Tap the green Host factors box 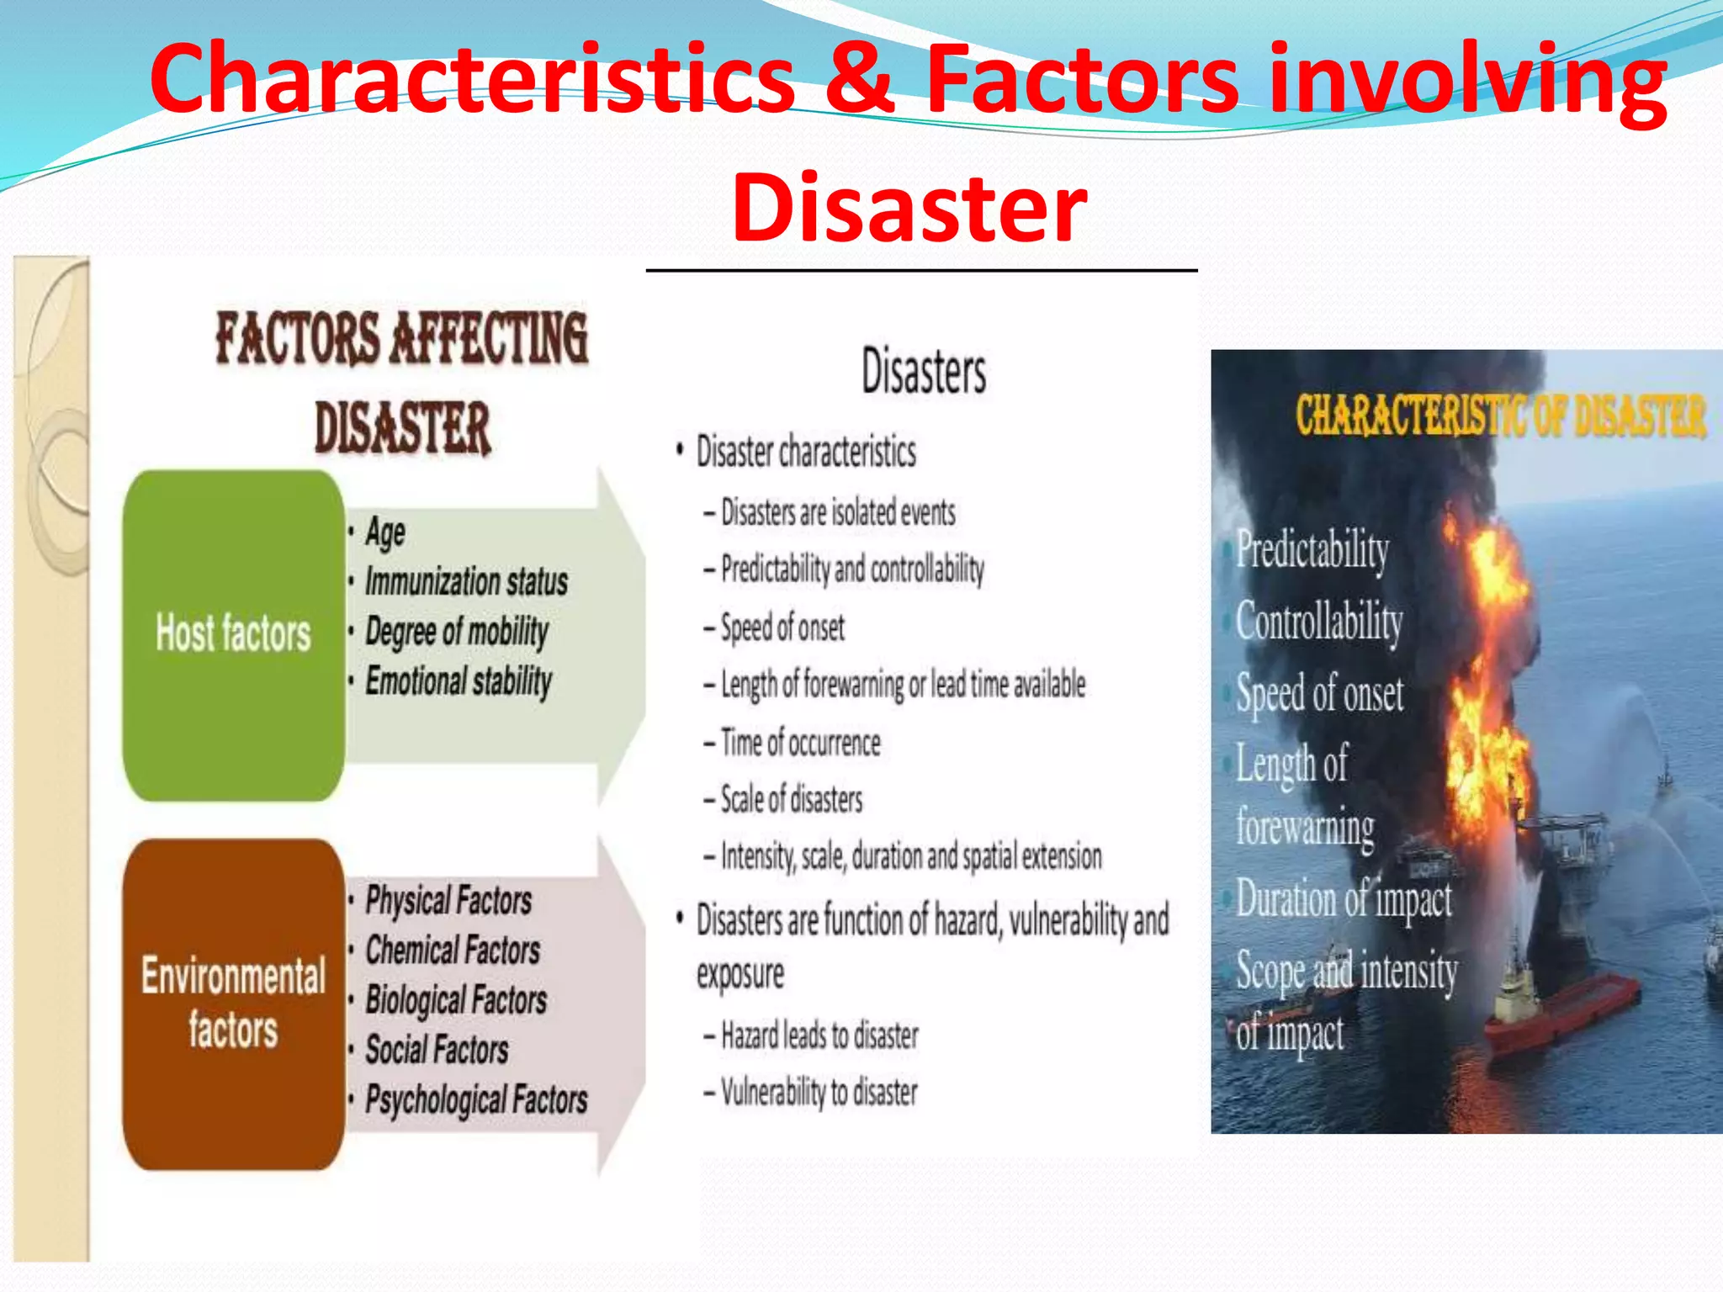click(233, 634)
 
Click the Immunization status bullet click(465, 582)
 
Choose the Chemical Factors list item click(453, 950)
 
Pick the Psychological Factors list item click(476, 1099)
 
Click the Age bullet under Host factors click(385, 532)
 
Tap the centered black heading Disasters click(923, 372)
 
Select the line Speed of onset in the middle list click(782, 627)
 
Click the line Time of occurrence click(800, 743)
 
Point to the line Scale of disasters click(791, 799)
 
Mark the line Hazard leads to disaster click(819, 1035)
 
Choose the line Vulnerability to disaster click(819, 1093)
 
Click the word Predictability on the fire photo click(1312, 551)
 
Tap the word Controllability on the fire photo click(1319, 622)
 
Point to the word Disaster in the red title click(909, 207)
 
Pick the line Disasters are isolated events click(838, 512)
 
